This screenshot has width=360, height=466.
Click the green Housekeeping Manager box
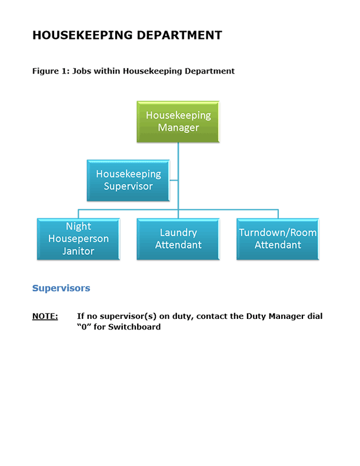coord(178,121)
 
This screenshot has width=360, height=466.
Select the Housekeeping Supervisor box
coord(128,180)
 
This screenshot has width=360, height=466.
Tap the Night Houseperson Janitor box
coord(78,239)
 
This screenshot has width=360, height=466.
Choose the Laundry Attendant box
coord(178,239)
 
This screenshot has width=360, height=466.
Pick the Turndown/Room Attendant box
coord(278,239)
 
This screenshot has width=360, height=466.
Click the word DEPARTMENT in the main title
coord(179,35)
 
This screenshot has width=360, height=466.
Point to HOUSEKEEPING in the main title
coord(82,35)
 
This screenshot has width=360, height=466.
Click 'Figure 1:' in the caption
coord(49,71)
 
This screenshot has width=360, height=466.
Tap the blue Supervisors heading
coord(61,288)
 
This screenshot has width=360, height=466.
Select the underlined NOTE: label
coord(45,317)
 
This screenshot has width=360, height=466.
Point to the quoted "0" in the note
coord(84,327)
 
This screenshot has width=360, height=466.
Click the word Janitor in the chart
coord(78,251)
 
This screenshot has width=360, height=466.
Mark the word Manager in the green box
coord(178,128)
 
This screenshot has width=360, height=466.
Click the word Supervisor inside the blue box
coord(128,187)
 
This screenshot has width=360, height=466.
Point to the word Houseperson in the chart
coord(78,239)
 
